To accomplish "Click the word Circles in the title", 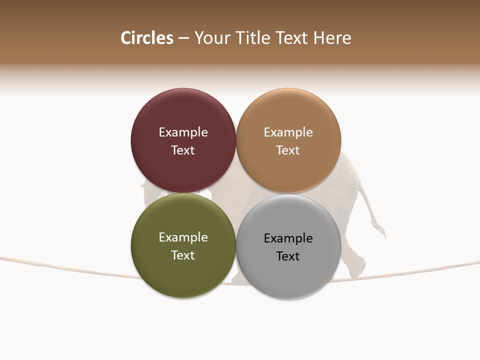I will pyautogui.click(x=147, y=38).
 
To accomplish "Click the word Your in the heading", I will pyautogui.click(x=212, y=38).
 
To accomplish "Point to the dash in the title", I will pyautogui.click(x=183, y=38).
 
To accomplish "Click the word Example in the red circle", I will pyautogui.click(x=183, y=132).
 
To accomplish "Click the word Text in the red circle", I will pyautogui.click(x=183, y=150).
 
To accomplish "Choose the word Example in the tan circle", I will pyautogui.click(x=288, y=132).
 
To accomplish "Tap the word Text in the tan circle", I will pyautogui.click(x=288, y=150).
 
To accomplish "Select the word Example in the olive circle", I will pyautogui.click(x=183, y=237).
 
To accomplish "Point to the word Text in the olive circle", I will pyautogui.click(x=183, y=255).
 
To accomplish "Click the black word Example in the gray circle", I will pyautogui.click(x=288, y=238).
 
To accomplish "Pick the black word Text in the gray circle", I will pyautogui.click(x=288, y=256).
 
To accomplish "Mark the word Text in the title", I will pyautogui.click(x=292, y=38).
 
